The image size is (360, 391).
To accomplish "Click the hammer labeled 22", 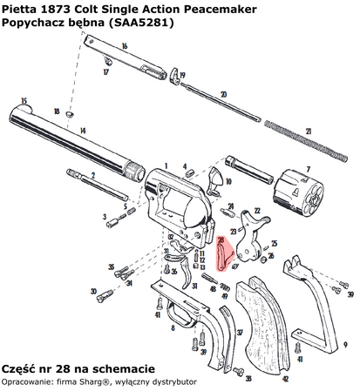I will click(256, 231).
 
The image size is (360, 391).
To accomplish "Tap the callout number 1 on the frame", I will click(162, 164).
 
